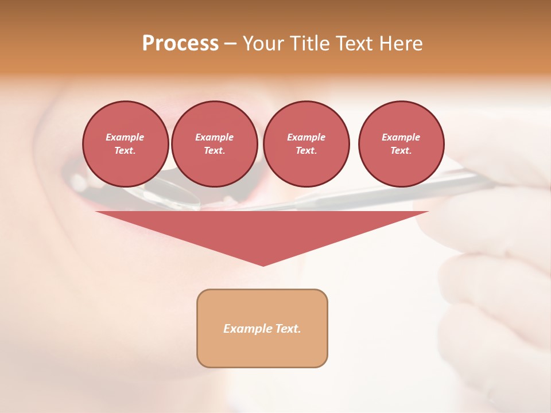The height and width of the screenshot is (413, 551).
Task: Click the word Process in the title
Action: click(180, 44)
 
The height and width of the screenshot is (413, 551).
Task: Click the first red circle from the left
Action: click(126, 143)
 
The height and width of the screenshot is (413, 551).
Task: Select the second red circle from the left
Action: click(215, 143)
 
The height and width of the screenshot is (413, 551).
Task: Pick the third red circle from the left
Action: click(306, 143)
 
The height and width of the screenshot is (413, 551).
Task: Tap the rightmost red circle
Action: click(401, 143)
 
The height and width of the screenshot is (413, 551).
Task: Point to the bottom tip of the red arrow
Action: click(263, 265)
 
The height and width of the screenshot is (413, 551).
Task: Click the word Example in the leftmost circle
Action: click(125, 137)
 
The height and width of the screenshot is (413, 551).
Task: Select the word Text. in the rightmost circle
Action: click(401, 150)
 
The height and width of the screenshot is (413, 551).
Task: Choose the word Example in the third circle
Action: click(306, 137)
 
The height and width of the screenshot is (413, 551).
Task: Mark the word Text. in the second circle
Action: click(215, 150)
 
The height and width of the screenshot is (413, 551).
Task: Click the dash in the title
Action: click(230, 44)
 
